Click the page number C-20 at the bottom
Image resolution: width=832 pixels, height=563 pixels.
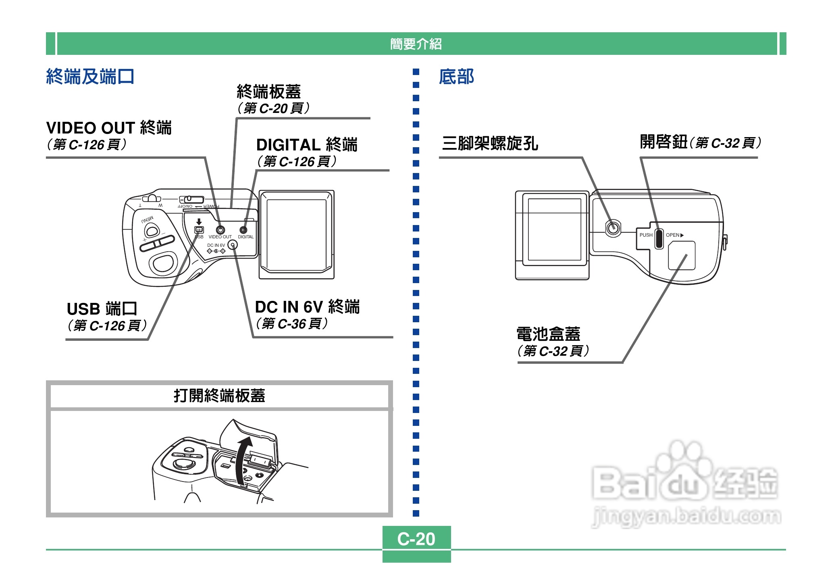coord(416,539)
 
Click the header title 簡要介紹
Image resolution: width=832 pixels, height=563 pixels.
coord(416,44)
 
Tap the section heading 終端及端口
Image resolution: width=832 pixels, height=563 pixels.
coord(90,77)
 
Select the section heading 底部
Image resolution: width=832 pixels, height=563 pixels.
coord(456,77)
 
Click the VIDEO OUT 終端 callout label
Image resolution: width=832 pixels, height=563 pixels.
coord(109,128)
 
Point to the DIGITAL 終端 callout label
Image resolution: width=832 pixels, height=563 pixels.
coord(307,145)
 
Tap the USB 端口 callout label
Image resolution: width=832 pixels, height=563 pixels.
coord(102,309)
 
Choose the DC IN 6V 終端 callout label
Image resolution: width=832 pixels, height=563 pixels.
coord(307,307)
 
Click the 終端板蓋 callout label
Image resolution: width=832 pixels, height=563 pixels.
coord(269,92)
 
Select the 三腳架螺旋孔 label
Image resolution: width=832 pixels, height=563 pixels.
coord(490,143)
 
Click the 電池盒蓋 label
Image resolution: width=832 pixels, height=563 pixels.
coord(548,334)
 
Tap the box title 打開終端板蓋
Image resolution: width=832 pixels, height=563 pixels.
coord(219,396)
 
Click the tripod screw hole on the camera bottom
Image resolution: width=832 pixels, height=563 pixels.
coord(613,229)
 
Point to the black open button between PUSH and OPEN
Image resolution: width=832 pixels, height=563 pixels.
coord(659,238)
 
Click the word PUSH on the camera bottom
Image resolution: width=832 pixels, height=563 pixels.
coord(646,235)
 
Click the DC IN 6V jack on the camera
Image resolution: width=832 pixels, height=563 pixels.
coord(233,245)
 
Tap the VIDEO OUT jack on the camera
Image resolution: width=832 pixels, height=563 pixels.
coord(220,230)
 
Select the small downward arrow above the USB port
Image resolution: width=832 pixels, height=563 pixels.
coord(199,222)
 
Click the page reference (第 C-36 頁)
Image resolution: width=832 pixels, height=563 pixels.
coord(292,323)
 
